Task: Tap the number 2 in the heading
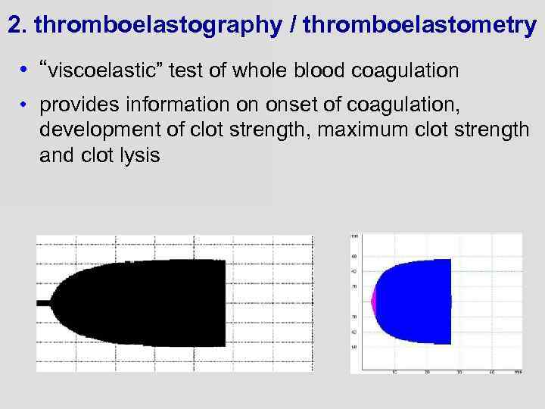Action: pos(14,24)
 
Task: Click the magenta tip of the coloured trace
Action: pos(372,301)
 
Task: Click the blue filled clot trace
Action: pos(416,301)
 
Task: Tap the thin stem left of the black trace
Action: pos(43,302)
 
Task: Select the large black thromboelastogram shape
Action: pos(151,302)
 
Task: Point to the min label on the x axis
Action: pos(516,372)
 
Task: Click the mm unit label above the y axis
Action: pos(355,237)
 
